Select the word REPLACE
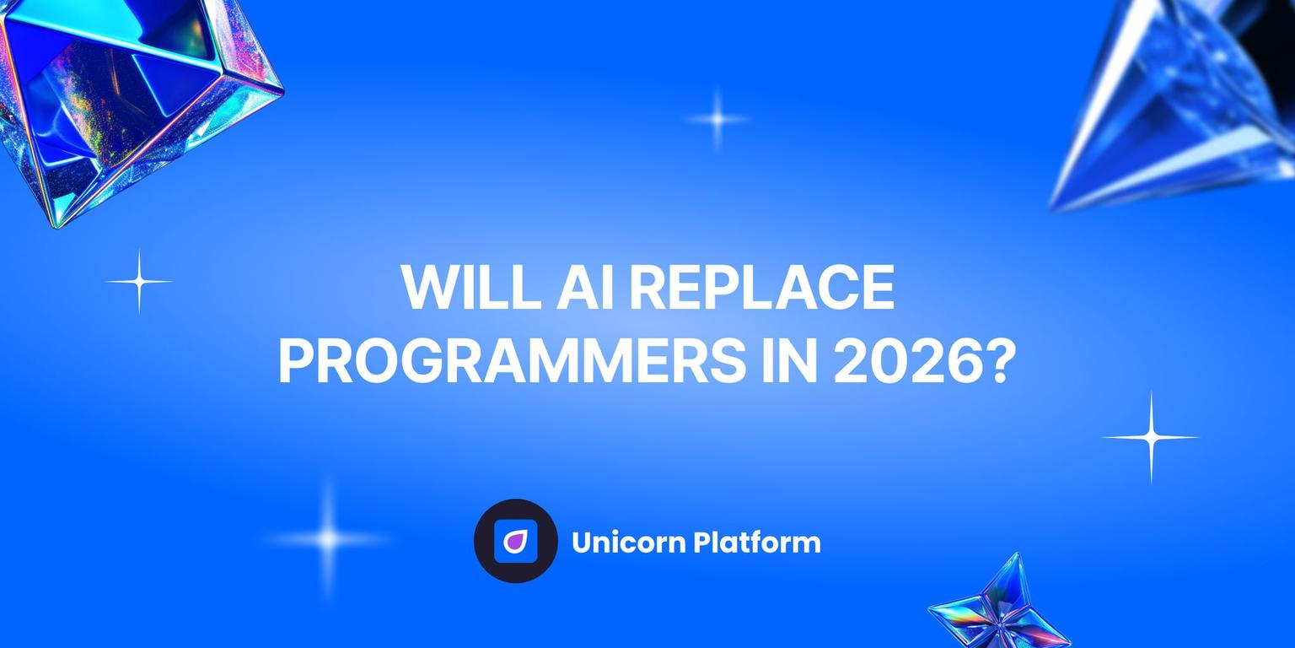[x=762, y=288]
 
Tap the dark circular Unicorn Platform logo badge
[x=516, y=541]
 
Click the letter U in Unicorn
[x=582, y=542]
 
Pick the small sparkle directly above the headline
[x=717, y=119]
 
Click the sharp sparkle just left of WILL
[x=139, y=281]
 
